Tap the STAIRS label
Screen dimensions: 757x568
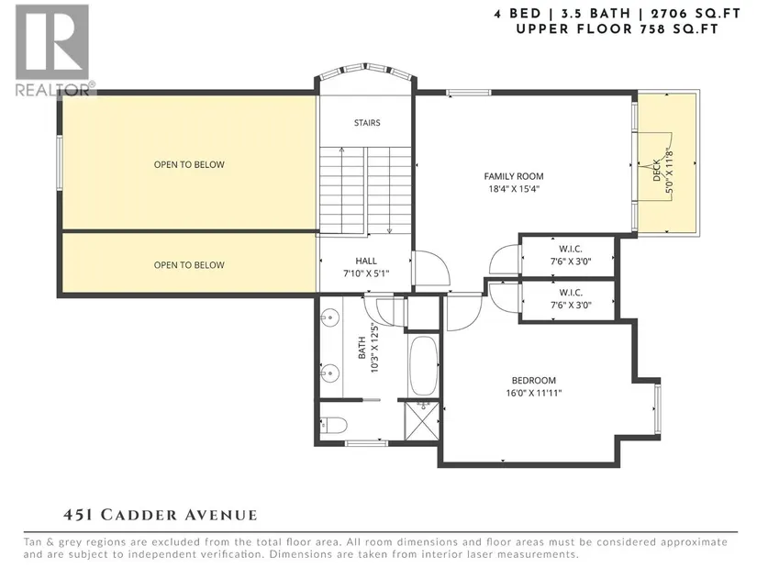point(367,123)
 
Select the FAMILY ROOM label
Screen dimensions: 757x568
point(514,176)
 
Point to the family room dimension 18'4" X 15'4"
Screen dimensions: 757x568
point(514,189)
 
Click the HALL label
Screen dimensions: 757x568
point(366,261)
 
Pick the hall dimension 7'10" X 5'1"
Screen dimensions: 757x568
point(366,273)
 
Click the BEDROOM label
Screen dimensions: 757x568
point(534,380)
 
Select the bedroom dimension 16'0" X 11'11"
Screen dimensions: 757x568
point(534,393)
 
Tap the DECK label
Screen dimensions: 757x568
point(657,171)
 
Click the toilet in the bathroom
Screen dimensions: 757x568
point(334,426)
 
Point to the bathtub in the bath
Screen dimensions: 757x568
point(423,365)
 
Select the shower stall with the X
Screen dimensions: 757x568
point(422,419)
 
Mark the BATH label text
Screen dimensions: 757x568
point(362,348)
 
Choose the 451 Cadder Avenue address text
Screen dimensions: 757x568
point(160,515)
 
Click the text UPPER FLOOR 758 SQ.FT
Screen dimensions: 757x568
point(618,29)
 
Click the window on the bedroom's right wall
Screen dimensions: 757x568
point(658,407)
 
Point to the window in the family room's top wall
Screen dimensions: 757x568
point(468,93)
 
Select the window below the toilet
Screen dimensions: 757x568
point(366,443)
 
